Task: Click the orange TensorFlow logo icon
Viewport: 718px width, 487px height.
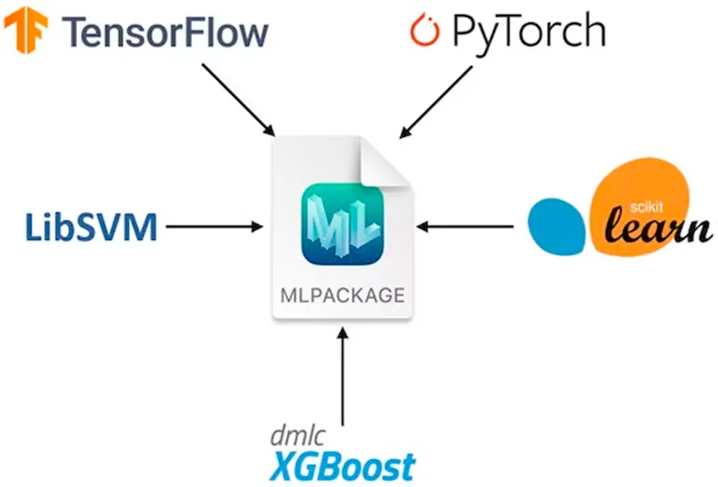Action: click(25, 30)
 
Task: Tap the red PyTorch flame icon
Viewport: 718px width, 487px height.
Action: click(425, 30)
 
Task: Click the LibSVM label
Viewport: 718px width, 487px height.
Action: click(91, 227)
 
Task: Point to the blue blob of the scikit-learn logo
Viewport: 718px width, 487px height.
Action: click(556, 226)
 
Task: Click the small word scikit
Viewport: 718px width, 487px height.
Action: click(646, 207)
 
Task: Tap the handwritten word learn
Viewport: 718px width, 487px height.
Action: click(658, 227)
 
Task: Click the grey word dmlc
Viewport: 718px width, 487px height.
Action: click(298, 436)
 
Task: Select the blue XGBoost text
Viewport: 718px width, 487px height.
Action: click(343, 466)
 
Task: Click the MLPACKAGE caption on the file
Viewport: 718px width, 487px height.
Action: click(343, 295)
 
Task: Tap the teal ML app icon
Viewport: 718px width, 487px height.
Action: click(343, 224)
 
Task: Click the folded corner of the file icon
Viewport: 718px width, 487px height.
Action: click(384, 162)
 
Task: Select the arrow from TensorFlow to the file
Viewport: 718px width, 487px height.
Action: click(238, 99)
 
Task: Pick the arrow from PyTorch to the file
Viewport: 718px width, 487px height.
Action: click(435, 102)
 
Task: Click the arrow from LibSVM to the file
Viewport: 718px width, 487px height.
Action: click(214, 226)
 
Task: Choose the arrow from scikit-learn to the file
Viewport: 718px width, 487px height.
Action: click(465, 226)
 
